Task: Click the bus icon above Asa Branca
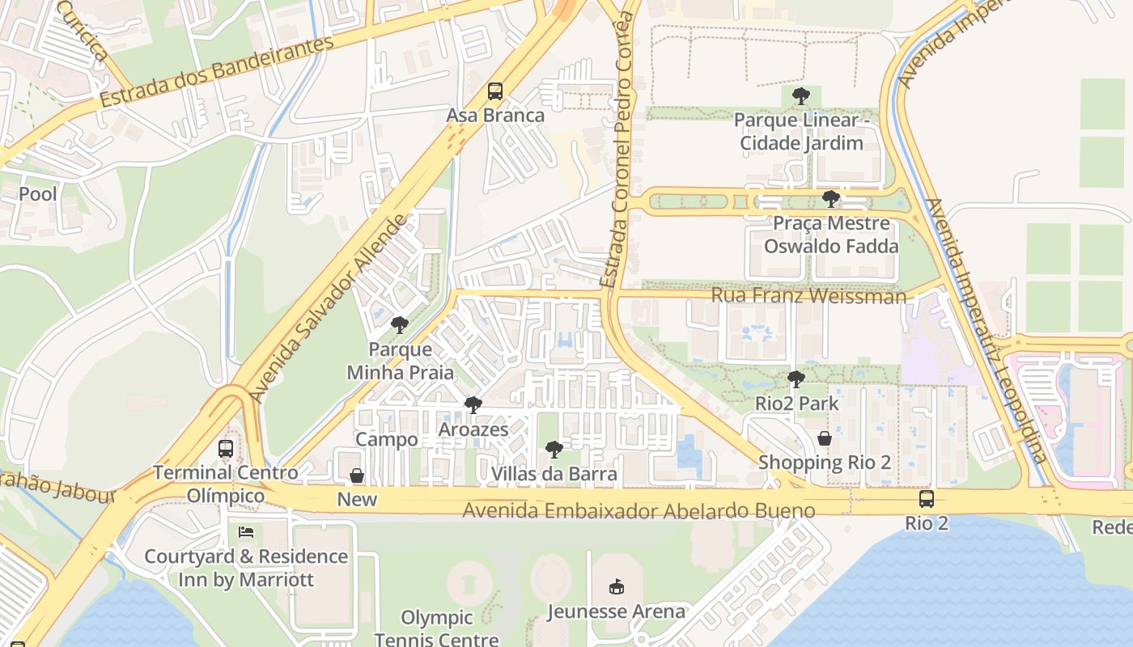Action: (x=494, y=91)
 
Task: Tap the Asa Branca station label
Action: (x=495, y=116)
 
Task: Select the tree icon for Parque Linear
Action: (x=800, y=97)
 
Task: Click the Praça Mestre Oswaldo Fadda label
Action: (x=831, y=235)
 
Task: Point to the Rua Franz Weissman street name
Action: (x=808, y=296)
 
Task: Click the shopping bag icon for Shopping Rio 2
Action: (x=824, y=439)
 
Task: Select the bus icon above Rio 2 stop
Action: (x=926, y=499)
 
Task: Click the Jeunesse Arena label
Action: (x=616, y=611)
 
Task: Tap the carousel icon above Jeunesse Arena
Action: (x=616, y=586)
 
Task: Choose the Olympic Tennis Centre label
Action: (x=437, y=628)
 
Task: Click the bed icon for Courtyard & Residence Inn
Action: (x=246, y=532)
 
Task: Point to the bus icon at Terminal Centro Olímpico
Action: (x=226, y=448)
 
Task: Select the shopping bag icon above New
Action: (x=356, y=476)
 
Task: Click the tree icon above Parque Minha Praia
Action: (x=399, y=326)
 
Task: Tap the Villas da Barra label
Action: (x=554, y=474)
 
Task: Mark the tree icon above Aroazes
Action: (x=473, y=405)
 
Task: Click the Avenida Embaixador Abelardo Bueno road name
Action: (x=639, y=511)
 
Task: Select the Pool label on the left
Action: (x=38, y=194)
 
